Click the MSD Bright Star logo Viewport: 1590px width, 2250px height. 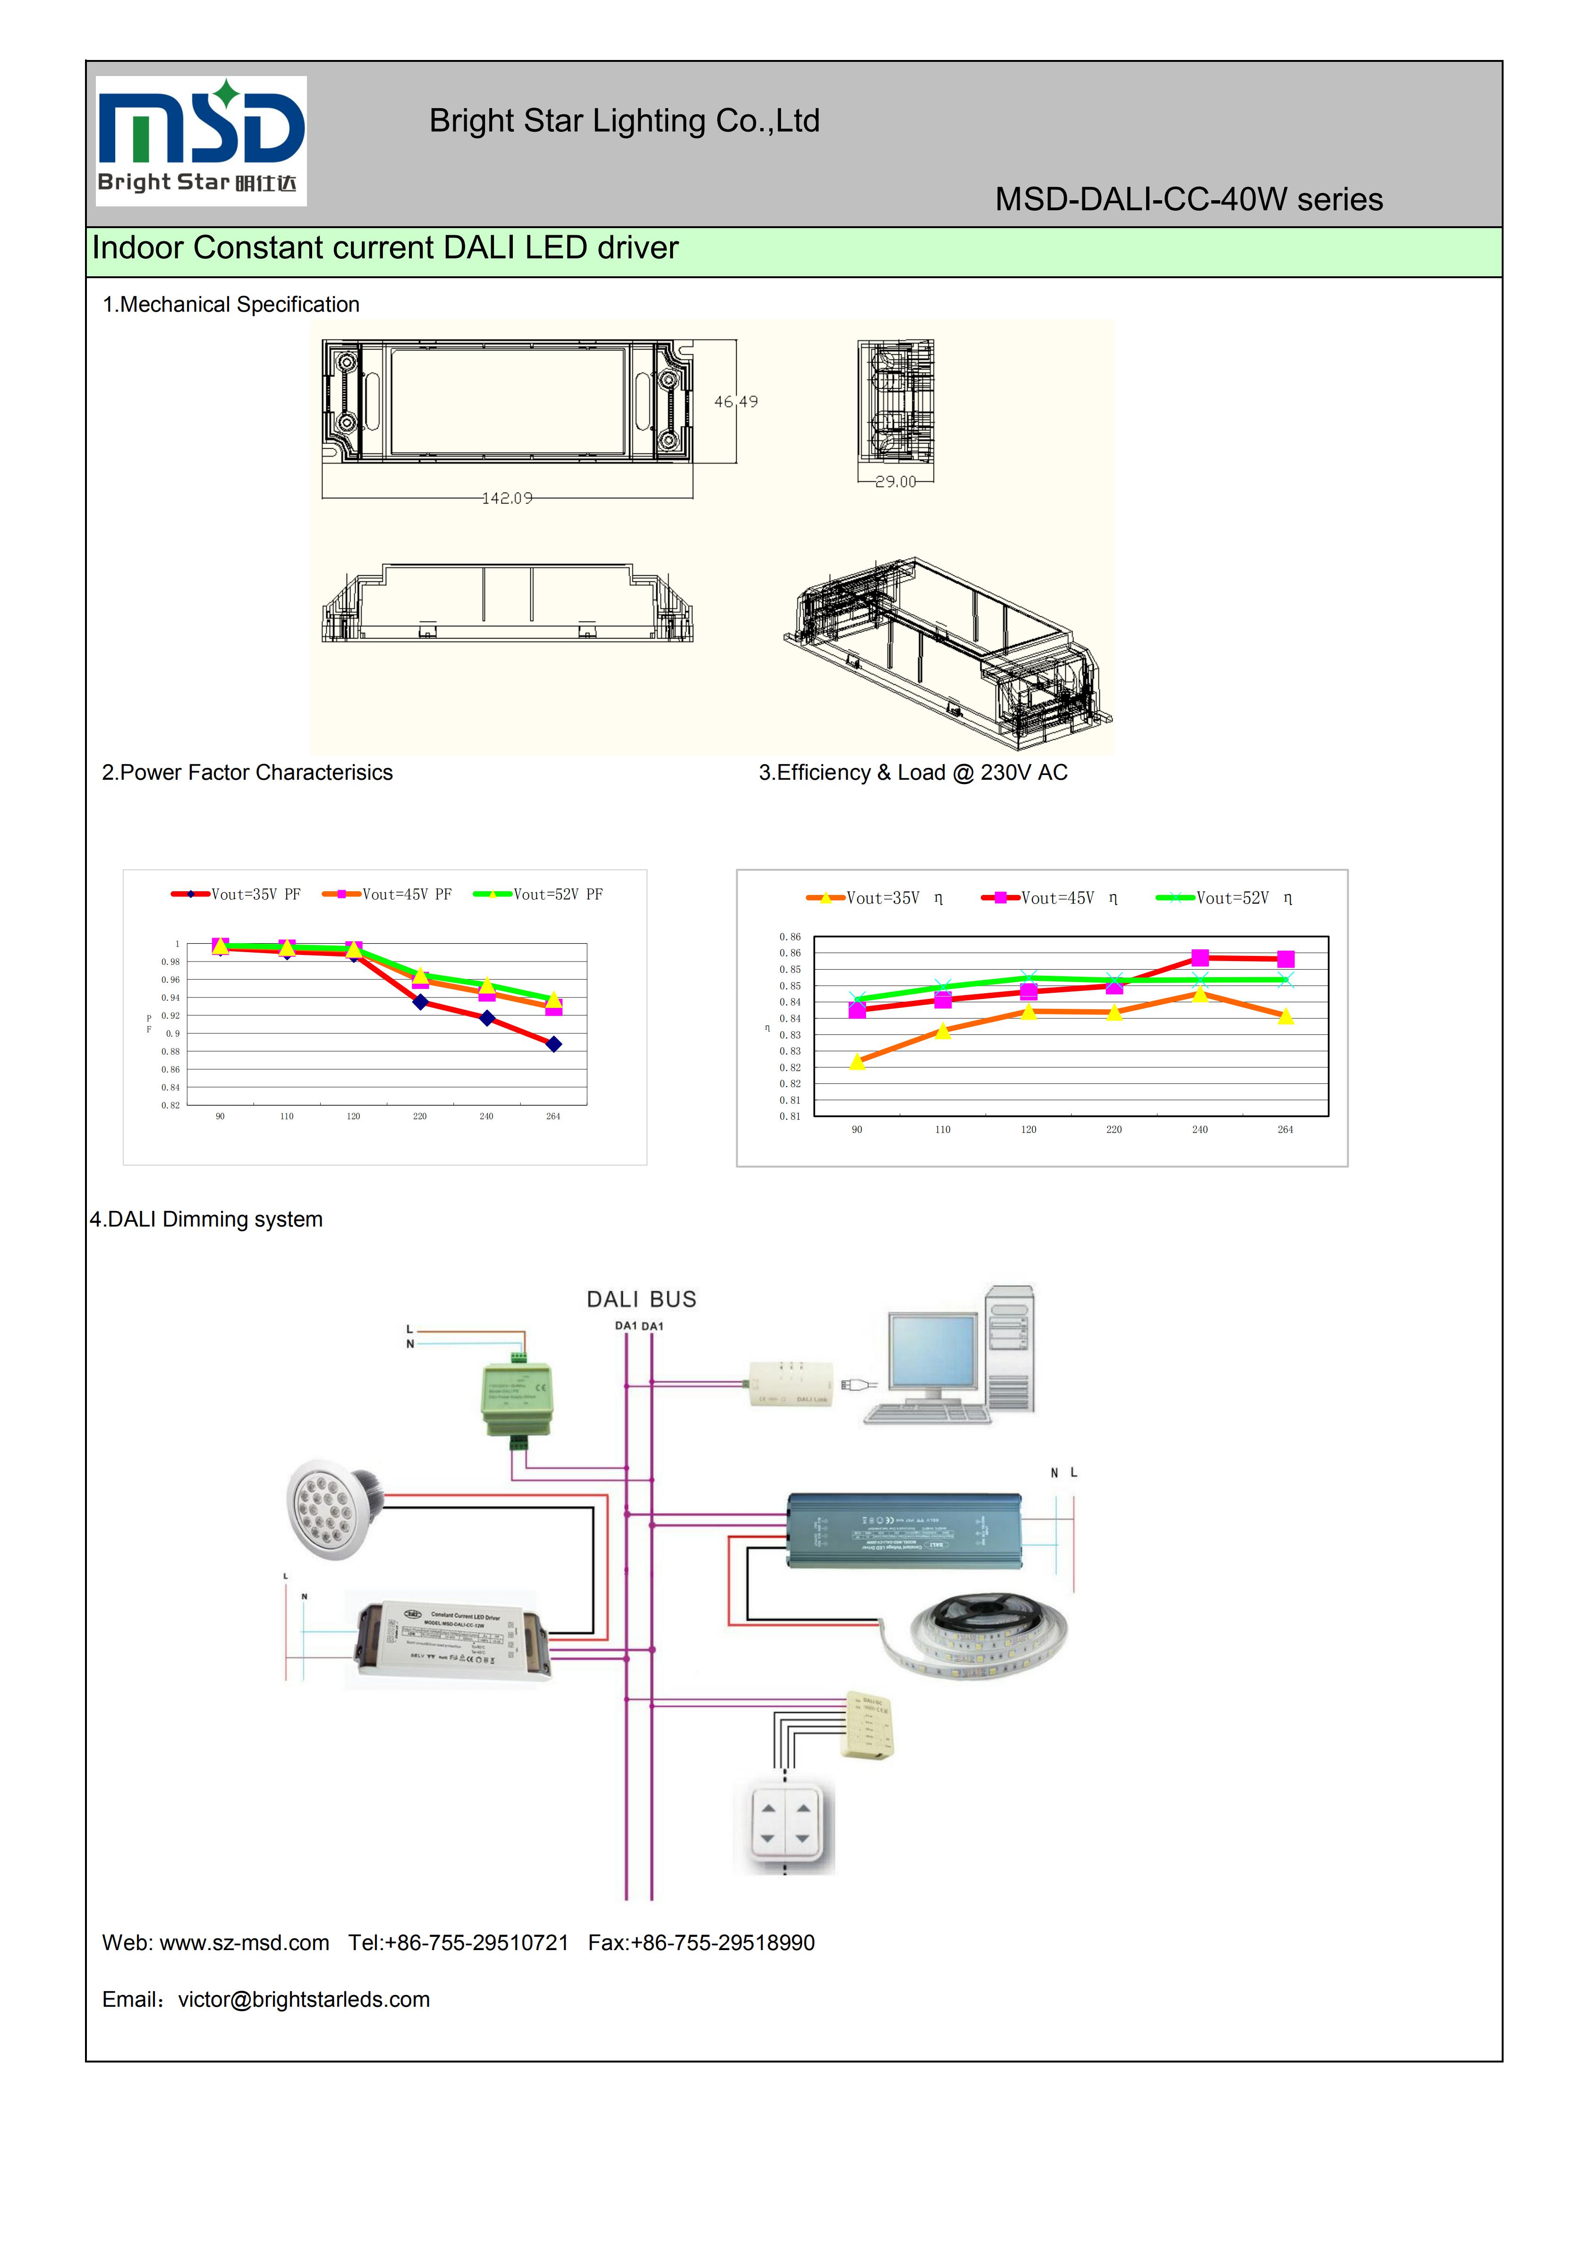point(201,140)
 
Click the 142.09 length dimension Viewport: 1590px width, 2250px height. point(508,498)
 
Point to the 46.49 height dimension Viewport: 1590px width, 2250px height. point(736,402)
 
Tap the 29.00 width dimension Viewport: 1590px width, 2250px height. point(895,481)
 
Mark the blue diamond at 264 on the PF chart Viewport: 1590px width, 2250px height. point(553,1045)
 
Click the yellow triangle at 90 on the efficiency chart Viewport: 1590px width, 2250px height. point(857,1061)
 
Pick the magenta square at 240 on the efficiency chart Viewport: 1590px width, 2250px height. point(1200,957)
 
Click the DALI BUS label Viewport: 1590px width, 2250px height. point(642,1299)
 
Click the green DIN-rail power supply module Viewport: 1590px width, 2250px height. point(517,1397)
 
